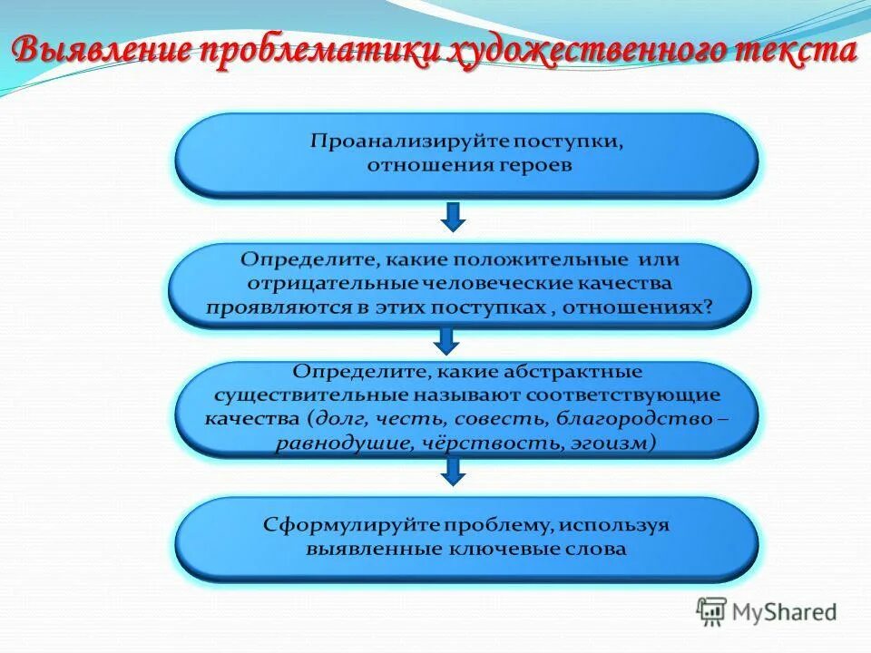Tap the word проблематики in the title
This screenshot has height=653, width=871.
click(x=314, y=51)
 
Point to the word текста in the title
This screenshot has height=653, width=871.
click(x=786, y=51)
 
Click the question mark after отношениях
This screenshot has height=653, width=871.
click(x=708, y=307)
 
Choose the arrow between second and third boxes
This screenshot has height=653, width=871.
click(x=446, y=340)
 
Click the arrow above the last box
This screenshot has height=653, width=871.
click(x=454, y=470)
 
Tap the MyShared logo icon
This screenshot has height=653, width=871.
click(x=711, y=612)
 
